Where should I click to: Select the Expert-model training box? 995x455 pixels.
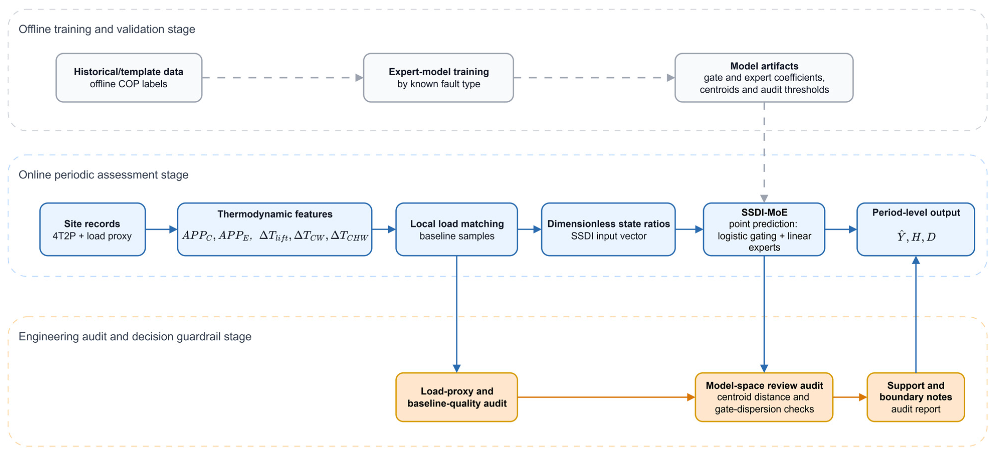(438, 78)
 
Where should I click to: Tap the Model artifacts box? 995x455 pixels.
(764, 78)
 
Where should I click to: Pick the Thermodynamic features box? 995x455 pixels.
(275, 229)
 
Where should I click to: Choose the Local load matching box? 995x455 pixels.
(457, 229)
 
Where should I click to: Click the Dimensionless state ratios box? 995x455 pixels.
(608, 229)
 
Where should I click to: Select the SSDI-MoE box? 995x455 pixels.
(764, 229)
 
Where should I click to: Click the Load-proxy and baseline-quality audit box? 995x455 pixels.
(457, 397)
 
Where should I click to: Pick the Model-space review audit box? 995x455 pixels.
(764, 397)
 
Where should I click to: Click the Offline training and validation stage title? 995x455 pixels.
(107, 29)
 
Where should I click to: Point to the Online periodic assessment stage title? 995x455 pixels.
(103, 175)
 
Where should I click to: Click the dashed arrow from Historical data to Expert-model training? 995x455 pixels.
(283, 78)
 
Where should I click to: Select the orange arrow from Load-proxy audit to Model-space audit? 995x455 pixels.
(606, 397)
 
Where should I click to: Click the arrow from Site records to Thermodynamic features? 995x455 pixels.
(161, 229)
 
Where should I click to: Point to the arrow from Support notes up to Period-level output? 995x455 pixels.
(916, 315)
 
